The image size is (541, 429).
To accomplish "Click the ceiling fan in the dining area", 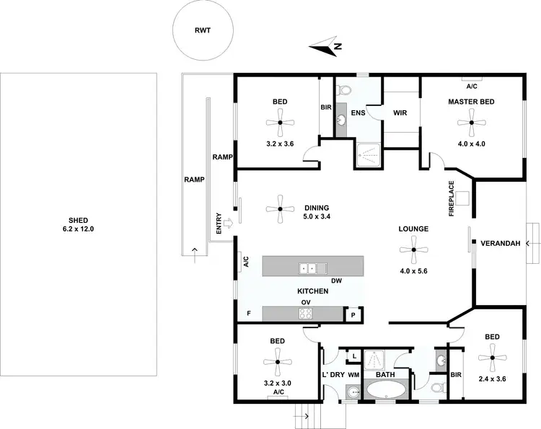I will (x=280, y=209).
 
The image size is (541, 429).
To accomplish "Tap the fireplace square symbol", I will (x=462, y=197).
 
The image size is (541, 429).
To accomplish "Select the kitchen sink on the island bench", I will (x=309, y=268).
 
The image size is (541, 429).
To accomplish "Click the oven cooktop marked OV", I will (x=306, y=313).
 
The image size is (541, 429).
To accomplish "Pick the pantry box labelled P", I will (x=354, y=315).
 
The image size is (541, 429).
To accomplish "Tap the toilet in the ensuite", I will (x=344, y=91).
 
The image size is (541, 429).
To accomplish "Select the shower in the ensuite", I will (x=369, y=154).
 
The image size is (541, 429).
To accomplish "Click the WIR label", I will (x=400, y=113).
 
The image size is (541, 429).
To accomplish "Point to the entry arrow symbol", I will (x=227, y=223).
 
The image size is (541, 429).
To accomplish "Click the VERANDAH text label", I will (x=501, y=244).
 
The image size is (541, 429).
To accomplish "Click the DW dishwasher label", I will (x=335, y=280).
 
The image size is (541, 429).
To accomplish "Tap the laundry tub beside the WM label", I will (x=352, y=392).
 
